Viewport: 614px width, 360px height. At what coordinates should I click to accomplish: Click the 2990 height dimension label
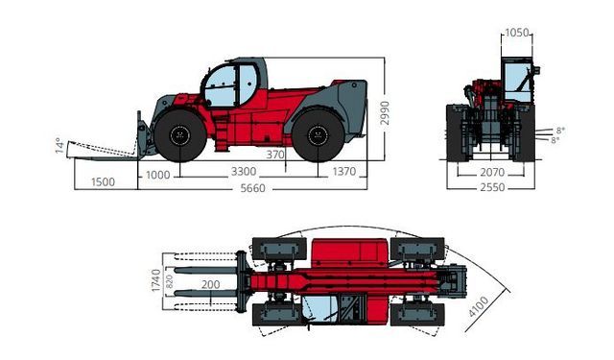tap(385, 113)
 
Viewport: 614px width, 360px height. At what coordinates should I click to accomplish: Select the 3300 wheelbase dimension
tap(244, 172)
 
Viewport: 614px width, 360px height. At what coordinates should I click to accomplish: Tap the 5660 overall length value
tap(252, 188)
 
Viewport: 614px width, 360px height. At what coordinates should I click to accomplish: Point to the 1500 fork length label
tap(103, 182)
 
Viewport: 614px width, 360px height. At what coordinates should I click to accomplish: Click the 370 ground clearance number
tap(275, 155)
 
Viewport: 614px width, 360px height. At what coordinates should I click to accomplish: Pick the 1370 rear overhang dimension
tap(344, 172)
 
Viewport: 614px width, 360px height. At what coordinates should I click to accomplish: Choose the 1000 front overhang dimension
tap(157, 175)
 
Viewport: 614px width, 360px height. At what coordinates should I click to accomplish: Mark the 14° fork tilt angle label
tap(59, 145)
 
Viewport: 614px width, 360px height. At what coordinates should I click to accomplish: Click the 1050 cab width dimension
tap(517, 33)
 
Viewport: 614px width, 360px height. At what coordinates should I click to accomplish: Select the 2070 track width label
tap(492, 173)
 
